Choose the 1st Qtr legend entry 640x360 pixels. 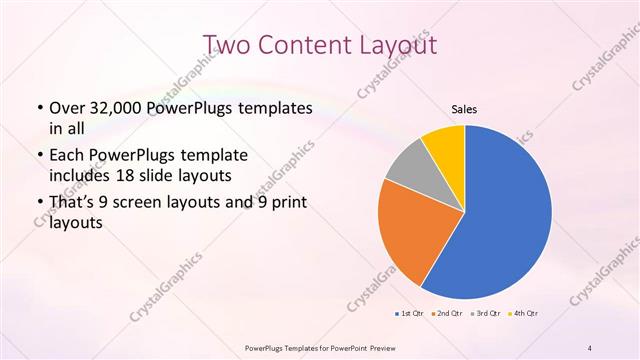pyautogui.click(x=410, y=314)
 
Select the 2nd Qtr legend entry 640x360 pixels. pyautogui.click(x=448, y=314)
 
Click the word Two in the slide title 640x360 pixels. pyautogui.click(x=227, y=44)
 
